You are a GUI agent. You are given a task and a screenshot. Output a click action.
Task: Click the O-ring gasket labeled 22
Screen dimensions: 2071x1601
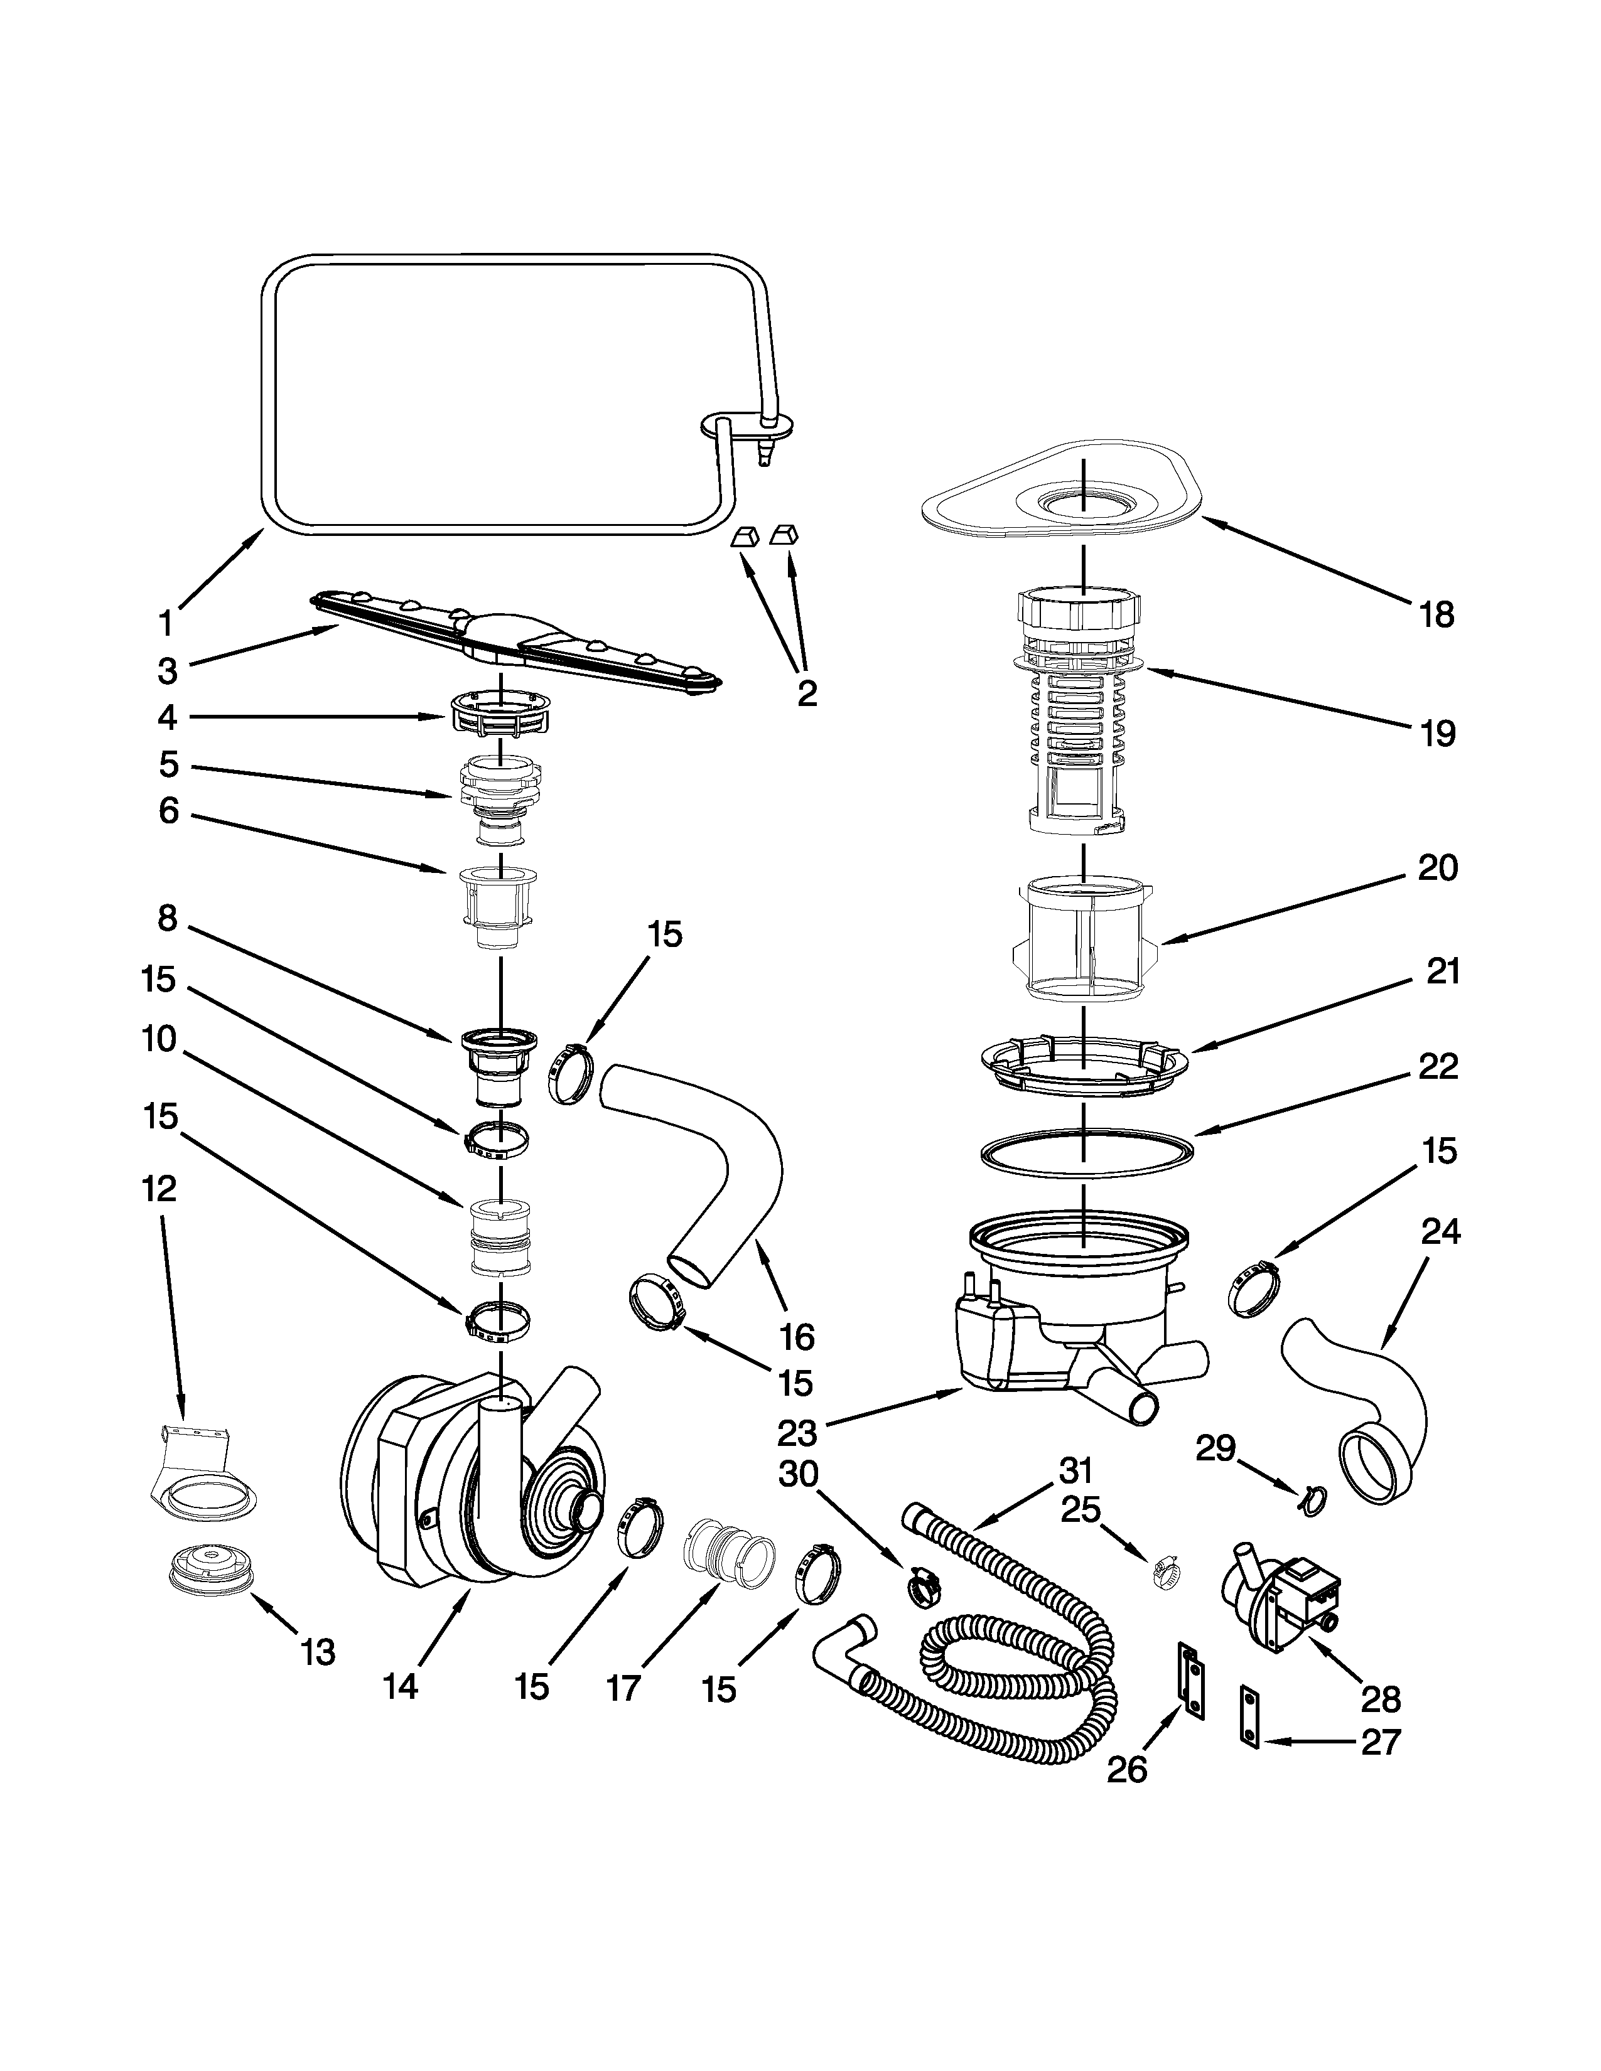pos(1086,1153)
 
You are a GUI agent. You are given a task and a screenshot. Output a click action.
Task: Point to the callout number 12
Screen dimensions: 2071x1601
pos(159,1188)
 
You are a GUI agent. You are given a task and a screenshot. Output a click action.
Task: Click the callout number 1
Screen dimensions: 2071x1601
pos(166,624)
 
